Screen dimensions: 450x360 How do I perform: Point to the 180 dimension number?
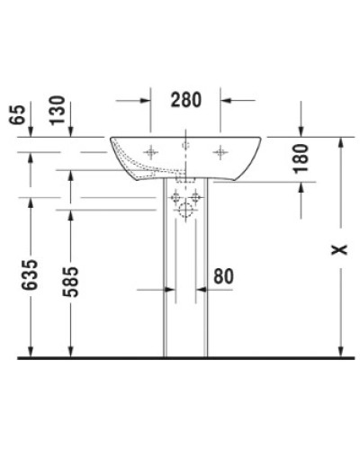(x=301, y=157)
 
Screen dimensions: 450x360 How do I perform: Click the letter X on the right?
(x=338, y=248)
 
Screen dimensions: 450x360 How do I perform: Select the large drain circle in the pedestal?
(x=185, y=212)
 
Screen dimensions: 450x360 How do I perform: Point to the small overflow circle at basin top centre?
(x=185, y=144)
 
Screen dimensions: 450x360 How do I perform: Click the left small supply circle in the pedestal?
(x=177, y=196)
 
